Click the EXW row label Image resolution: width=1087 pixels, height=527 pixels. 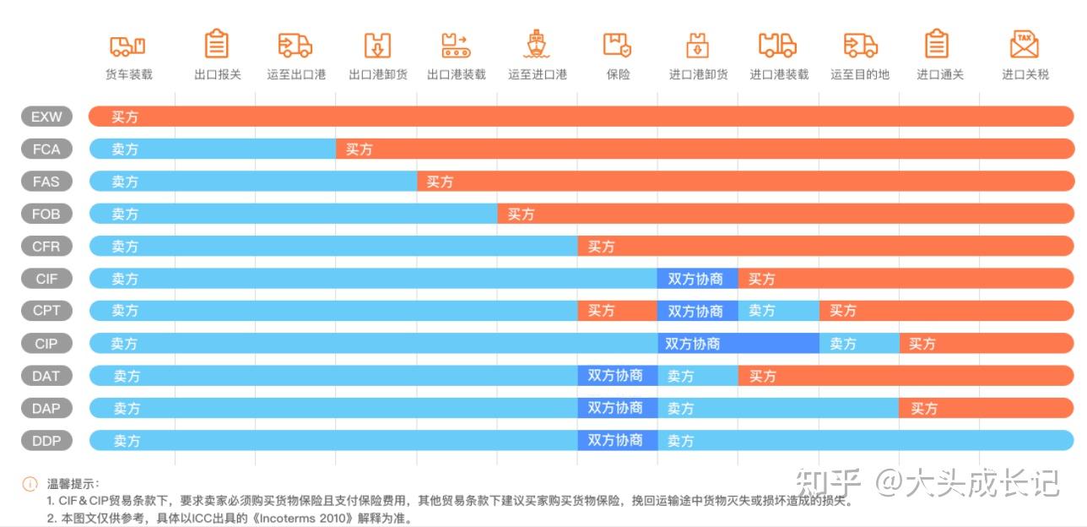point(46,117)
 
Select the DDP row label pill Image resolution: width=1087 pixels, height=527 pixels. point(46,440)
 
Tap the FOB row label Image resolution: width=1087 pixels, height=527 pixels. point(46,214)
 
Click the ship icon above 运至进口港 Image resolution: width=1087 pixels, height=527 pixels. point(537,44)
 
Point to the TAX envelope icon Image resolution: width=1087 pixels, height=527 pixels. point(1024,44)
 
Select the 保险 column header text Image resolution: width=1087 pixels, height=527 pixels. point(618,74)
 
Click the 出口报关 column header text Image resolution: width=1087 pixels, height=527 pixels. point(217,74)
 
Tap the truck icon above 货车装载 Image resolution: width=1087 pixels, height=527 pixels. point(128,45)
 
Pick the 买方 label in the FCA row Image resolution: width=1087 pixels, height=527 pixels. point(359,149)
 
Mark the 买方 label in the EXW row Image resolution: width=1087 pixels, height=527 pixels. point(125,117)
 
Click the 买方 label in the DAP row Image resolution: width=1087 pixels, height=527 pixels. point(923,408)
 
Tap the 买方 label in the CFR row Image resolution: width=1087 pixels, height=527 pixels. point(601,247)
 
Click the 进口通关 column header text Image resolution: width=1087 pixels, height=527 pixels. point(939,74)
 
